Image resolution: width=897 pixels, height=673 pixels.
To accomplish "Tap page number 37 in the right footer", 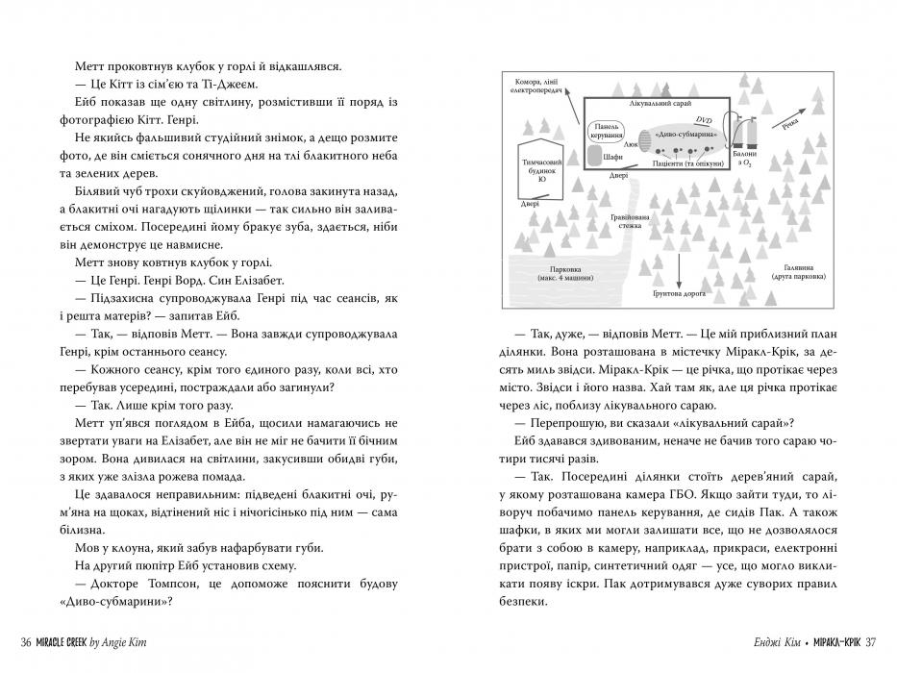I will pyautogui.click(x=871, y=643).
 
